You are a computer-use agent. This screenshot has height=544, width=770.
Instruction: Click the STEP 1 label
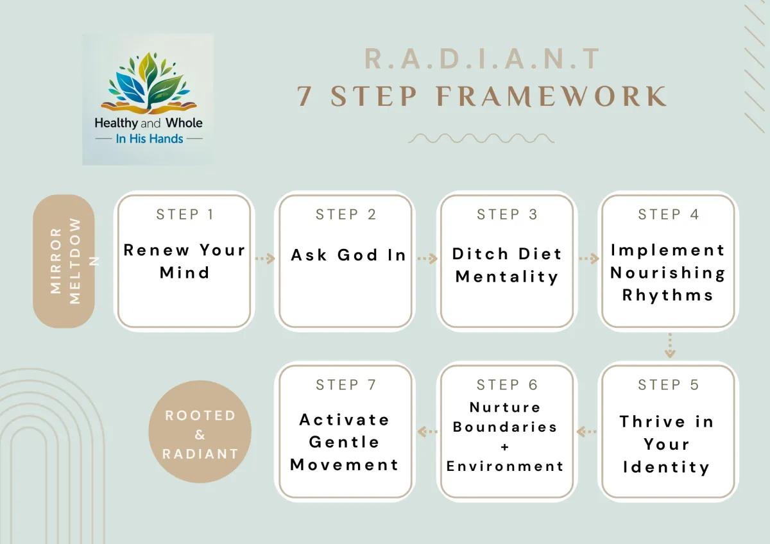point(185,214)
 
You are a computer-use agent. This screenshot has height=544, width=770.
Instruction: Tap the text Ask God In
point(348,255)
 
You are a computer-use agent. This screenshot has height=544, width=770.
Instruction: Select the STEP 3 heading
point(507,214)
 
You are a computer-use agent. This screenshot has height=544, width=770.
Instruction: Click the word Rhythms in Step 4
point(667,295)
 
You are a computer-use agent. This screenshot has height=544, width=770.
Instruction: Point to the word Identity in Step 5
point(667,468)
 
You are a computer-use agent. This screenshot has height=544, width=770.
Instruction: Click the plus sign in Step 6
point(504,446)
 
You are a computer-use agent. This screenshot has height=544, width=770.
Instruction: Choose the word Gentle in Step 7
point(344,442)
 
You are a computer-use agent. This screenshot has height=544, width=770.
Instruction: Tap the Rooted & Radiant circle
point(200,431)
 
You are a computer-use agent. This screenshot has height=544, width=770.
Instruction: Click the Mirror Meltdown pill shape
point(64,261)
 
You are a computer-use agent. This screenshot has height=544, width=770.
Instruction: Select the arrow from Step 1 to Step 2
point(265,259)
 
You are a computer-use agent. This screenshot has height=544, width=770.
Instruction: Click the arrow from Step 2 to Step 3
point(427,259)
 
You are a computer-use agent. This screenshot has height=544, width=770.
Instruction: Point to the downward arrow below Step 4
point(670,345)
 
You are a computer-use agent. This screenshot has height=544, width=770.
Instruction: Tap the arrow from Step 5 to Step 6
point(586,431)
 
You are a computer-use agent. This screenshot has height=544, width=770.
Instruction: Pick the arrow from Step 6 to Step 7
point(427,431)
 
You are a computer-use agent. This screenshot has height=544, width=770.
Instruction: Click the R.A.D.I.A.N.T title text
point(483,59)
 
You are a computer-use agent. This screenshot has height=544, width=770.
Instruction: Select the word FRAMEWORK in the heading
point(552,96)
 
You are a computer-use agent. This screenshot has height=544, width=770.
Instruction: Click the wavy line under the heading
point(481,138)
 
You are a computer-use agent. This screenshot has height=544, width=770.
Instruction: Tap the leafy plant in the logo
point(149,83)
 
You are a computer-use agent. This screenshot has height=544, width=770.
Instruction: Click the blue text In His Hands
point(149,139)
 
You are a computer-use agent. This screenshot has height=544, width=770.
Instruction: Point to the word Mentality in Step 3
point(507,277)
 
